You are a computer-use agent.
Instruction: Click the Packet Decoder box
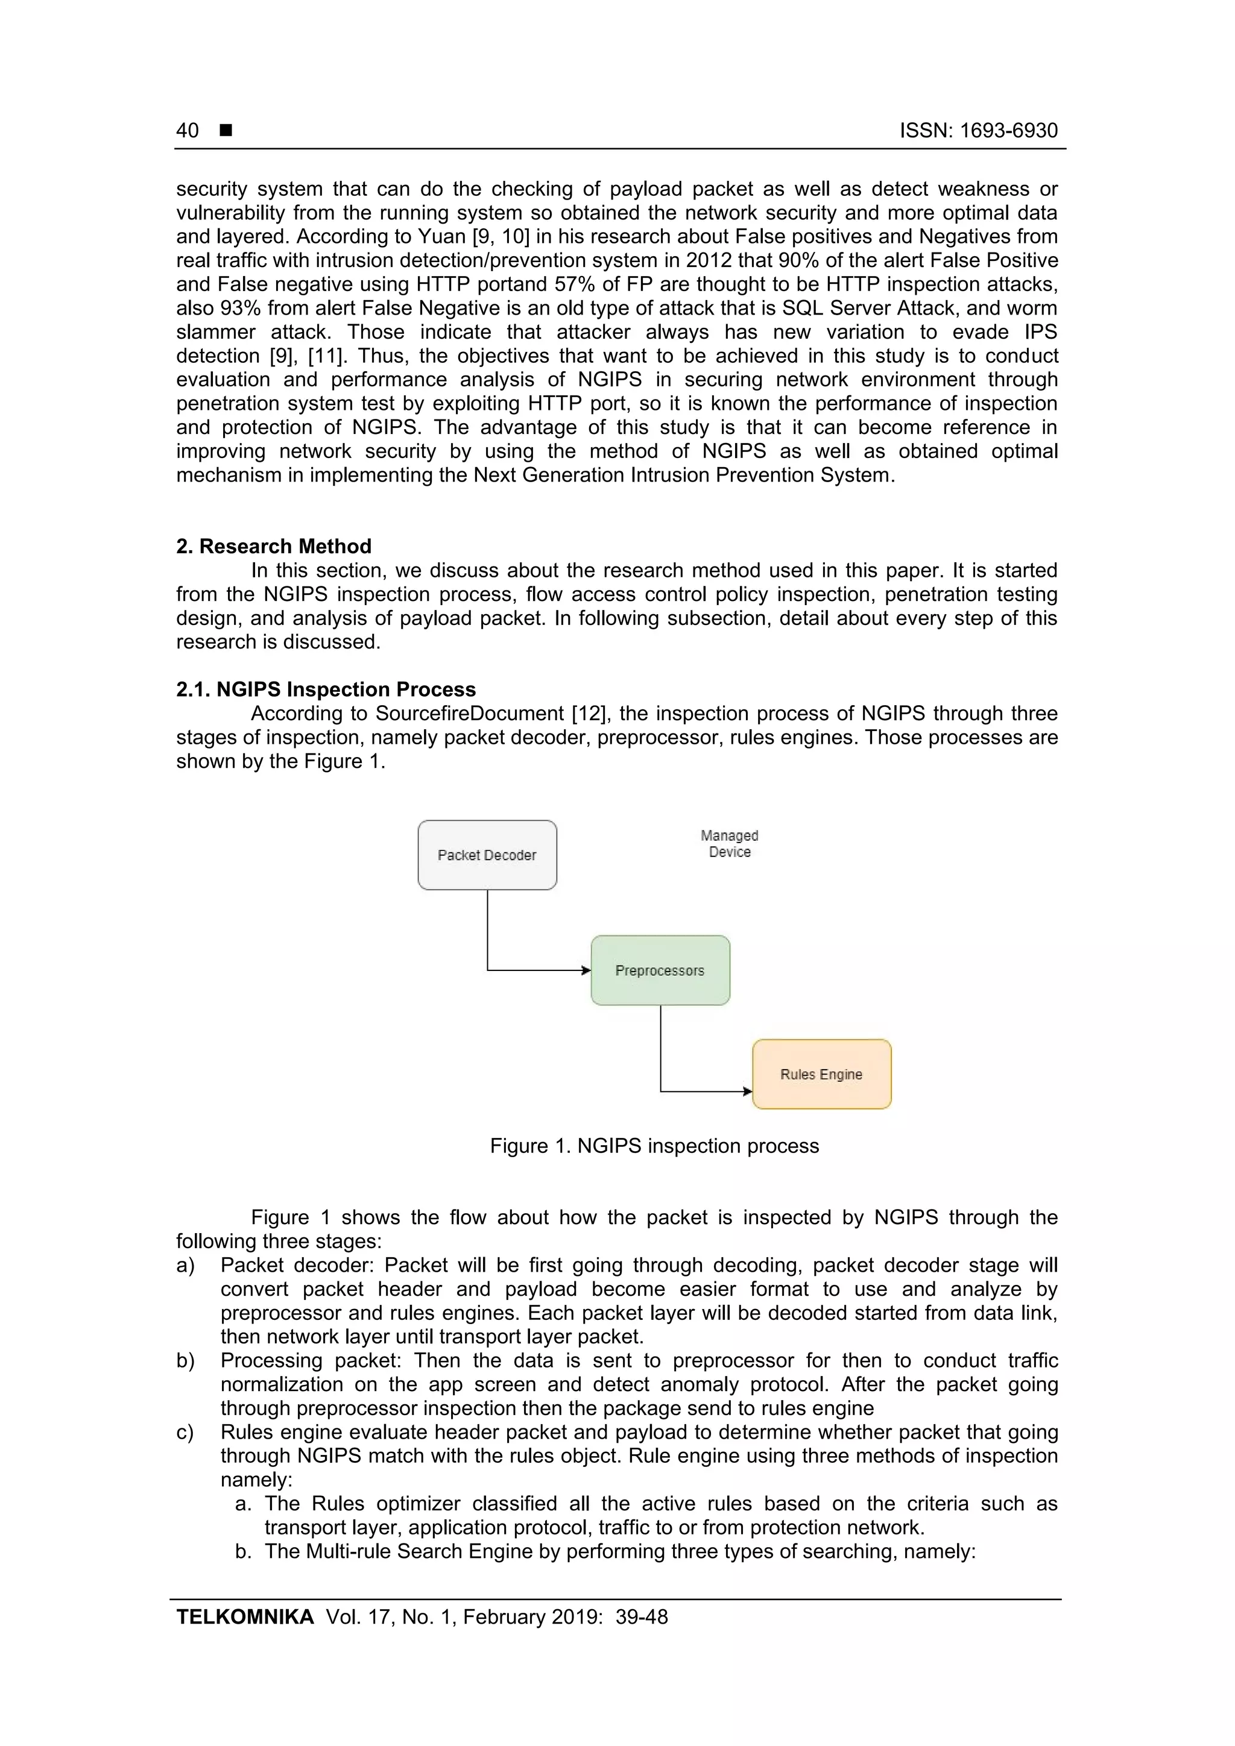click(x=487, y=855)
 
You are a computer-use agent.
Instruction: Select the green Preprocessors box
click(x=660, y=970)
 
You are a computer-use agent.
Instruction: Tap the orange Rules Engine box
click(x=821, y=1074)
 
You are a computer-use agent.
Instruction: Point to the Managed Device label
click(x=729, y=843)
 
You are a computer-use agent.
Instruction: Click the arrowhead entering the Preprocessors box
click(x=586, y=970)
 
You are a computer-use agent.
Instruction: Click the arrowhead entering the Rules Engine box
click(x=747, y=1091)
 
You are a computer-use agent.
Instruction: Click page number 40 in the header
click(x=187, y=131)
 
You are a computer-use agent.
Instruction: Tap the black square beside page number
click(x=226, y=131)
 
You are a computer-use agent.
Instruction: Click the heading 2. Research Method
click(x=274, y=546)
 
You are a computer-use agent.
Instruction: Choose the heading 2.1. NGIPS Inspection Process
click(x=326, y=689)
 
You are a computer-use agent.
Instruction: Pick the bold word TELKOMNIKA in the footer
click(x=245, y=1617)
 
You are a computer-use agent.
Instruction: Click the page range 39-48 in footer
click(x=642, y=1617)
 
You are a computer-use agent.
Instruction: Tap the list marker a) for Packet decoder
click(x=185, y=1266)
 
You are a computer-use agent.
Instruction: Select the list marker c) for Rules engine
click(x=185, y=1432)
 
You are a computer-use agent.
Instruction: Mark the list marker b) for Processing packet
click(x=185, y=1360)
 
